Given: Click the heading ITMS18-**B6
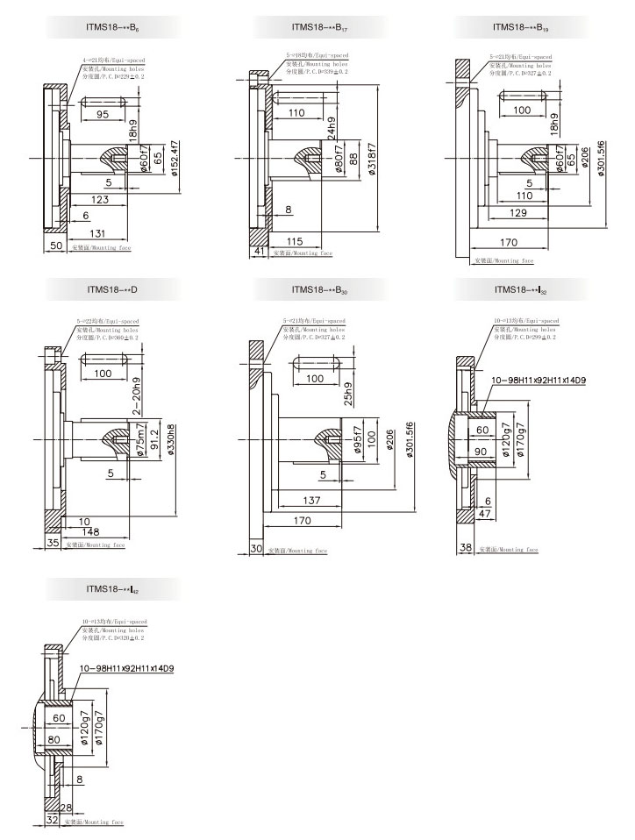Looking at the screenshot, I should (107, 27).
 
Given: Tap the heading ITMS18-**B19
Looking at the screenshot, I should (520, 27).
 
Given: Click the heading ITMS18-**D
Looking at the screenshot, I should (107, 288).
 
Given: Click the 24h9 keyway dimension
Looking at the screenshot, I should (331, 128).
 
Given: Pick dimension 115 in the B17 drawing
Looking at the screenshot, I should (296, 241).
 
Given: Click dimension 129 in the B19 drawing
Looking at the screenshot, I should (519, 214).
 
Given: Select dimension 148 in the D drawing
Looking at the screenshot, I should (92, 532).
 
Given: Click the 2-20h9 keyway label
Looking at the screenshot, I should (136, 394).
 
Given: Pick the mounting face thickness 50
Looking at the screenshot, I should (54, 247).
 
